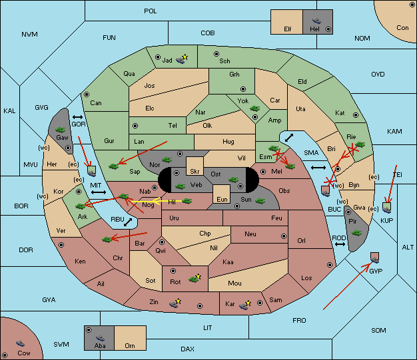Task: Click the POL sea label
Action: coord(151,11)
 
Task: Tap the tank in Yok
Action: coord(254,108)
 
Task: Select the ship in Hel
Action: coord(316,21)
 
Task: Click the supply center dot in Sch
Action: coord(216,54)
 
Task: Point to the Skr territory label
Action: coord(195,172)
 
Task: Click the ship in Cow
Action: coord(20,343)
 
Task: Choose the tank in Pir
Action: coord(356,233)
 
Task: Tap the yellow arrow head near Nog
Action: coord(156,201)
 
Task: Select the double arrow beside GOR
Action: coord(78,117)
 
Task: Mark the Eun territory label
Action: coord(222,200)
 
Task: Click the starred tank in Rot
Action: coord(195,278)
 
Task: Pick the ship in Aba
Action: coord(100,337)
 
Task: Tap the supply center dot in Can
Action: coord(87,94)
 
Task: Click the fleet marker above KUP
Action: coord(386,208)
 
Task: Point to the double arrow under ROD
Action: coord(340,244)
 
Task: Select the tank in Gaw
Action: coord(61,130)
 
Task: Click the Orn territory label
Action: coord(130,346)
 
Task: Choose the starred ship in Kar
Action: coord(244,305)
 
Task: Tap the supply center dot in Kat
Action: coord(356,115)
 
